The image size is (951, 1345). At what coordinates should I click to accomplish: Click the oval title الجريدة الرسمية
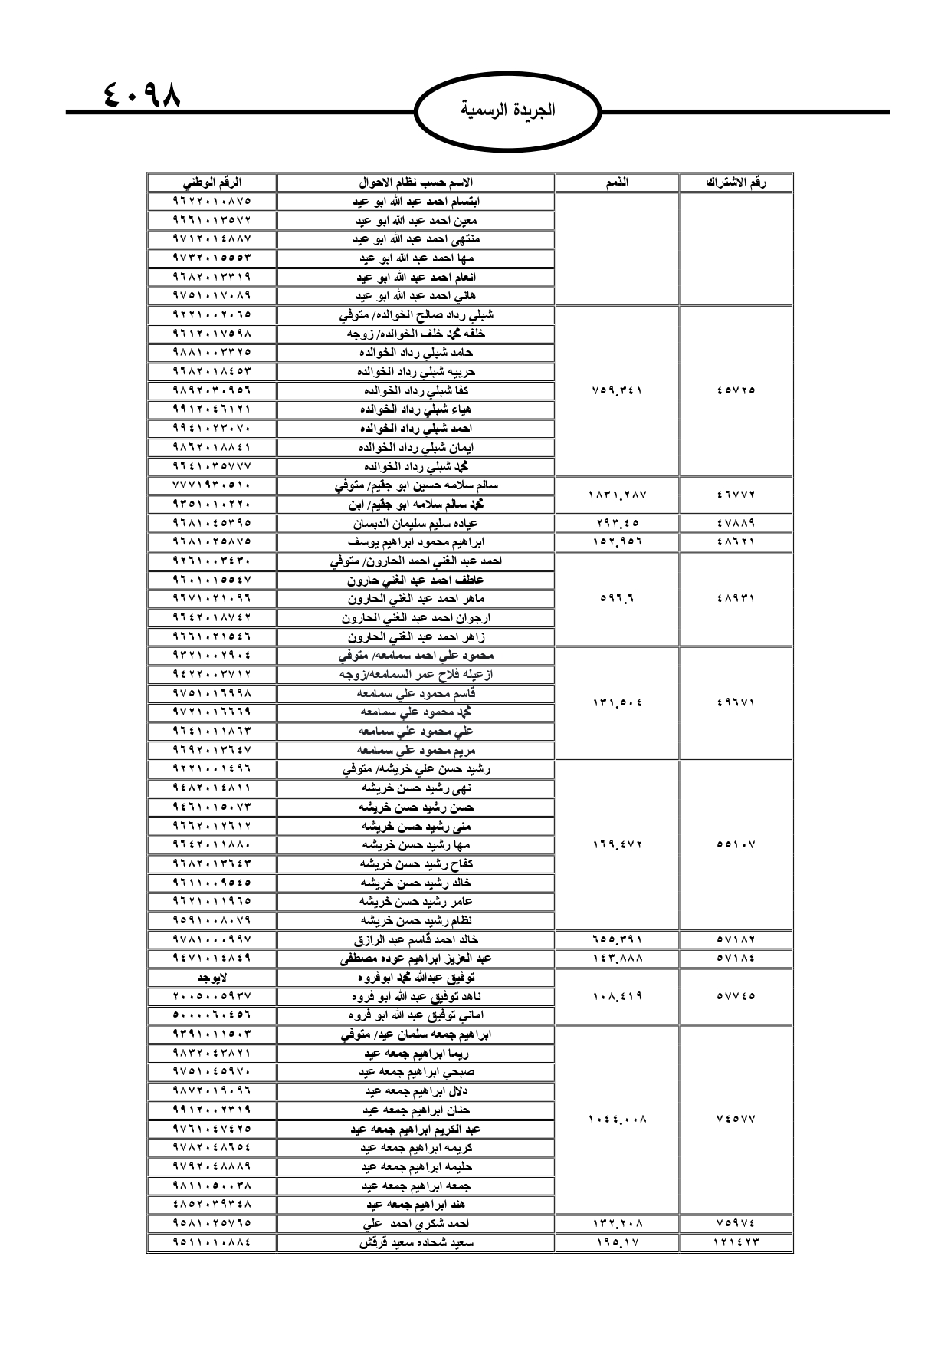click(508, 110)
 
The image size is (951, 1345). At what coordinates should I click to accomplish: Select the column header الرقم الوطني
click(212, 183)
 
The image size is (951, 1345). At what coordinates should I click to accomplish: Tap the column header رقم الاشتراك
click(736, 183)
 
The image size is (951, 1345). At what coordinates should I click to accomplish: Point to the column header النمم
click(617, 183)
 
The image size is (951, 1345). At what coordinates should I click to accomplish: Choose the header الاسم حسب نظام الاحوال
click(415, 183)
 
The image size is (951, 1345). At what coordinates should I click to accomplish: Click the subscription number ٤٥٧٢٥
click(736, 390)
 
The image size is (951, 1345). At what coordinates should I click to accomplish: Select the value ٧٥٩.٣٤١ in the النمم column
click(617, 390)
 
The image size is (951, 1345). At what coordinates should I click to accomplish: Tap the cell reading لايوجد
click(212, 978)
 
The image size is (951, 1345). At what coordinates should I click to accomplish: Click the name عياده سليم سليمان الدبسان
click(415, 523)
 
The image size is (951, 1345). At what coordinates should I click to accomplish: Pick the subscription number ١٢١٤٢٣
click(736, 1242)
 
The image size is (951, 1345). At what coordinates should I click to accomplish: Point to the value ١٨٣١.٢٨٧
click(617, 495)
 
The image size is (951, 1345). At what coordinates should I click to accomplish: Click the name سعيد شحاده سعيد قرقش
click(415, 1242)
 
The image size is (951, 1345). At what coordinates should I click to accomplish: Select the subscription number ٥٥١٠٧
click(736, 845)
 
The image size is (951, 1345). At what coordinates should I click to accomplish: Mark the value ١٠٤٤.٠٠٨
click(617, 1120)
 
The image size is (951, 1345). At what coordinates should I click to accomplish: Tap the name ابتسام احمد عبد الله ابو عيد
click(415, 202)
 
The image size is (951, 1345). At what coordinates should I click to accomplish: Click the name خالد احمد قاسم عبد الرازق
click(415, 939)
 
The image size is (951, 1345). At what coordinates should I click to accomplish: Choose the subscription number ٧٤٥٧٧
click(736, 1120)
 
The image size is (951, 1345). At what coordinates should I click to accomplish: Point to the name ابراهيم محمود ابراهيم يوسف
click(415, 542)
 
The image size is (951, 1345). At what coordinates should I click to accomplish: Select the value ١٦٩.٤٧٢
click(617, 845)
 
